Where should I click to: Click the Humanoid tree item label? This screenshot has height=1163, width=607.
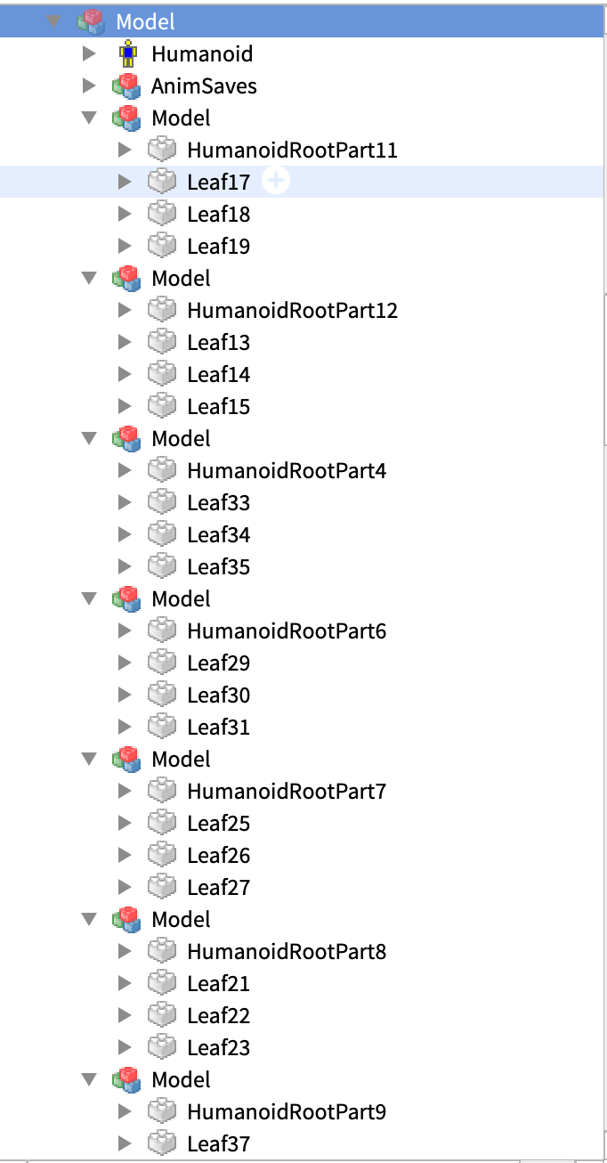point(202,54)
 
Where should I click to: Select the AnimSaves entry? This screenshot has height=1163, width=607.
point(204,86)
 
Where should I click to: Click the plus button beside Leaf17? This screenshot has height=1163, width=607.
point(278,182)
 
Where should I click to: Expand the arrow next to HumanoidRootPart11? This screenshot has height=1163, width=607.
point(125,150)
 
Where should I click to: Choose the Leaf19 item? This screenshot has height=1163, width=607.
point(218,247)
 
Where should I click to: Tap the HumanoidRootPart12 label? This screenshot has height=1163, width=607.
point(292,311)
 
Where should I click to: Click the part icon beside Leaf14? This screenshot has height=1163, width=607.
point(162,374)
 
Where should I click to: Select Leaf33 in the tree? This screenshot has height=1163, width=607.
point(218,503)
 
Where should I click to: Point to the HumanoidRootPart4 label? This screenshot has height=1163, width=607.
point(287,471)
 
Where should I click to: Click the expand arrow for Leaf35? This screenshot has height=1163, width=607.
point(125,566)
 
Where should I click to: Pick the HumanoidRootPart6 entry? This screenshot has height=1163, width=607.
point(287,631)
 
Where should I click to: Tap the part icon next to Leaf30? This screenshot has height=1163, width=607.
point(162,695)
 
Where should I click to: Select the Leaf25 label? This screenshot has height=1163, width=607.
point(218,824)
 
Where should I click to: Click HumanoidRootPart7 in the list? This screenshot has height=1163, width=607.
point(287,792)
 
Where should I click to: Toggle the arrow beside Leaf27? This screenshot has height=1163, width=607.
point(125,887)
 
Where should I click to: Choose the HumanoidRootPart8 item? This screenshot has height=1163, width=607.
point(287,952)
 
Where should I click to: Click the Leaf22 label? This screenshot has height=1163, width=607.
point(218,1016)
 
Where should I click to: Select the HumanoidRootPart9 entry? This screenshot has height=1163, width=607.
point(287,1112)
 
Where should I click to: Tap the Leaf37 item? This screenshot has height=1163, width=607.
point(218,1144)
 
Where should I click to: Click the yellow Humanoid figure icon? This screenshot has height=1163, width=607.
point(128,54)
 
